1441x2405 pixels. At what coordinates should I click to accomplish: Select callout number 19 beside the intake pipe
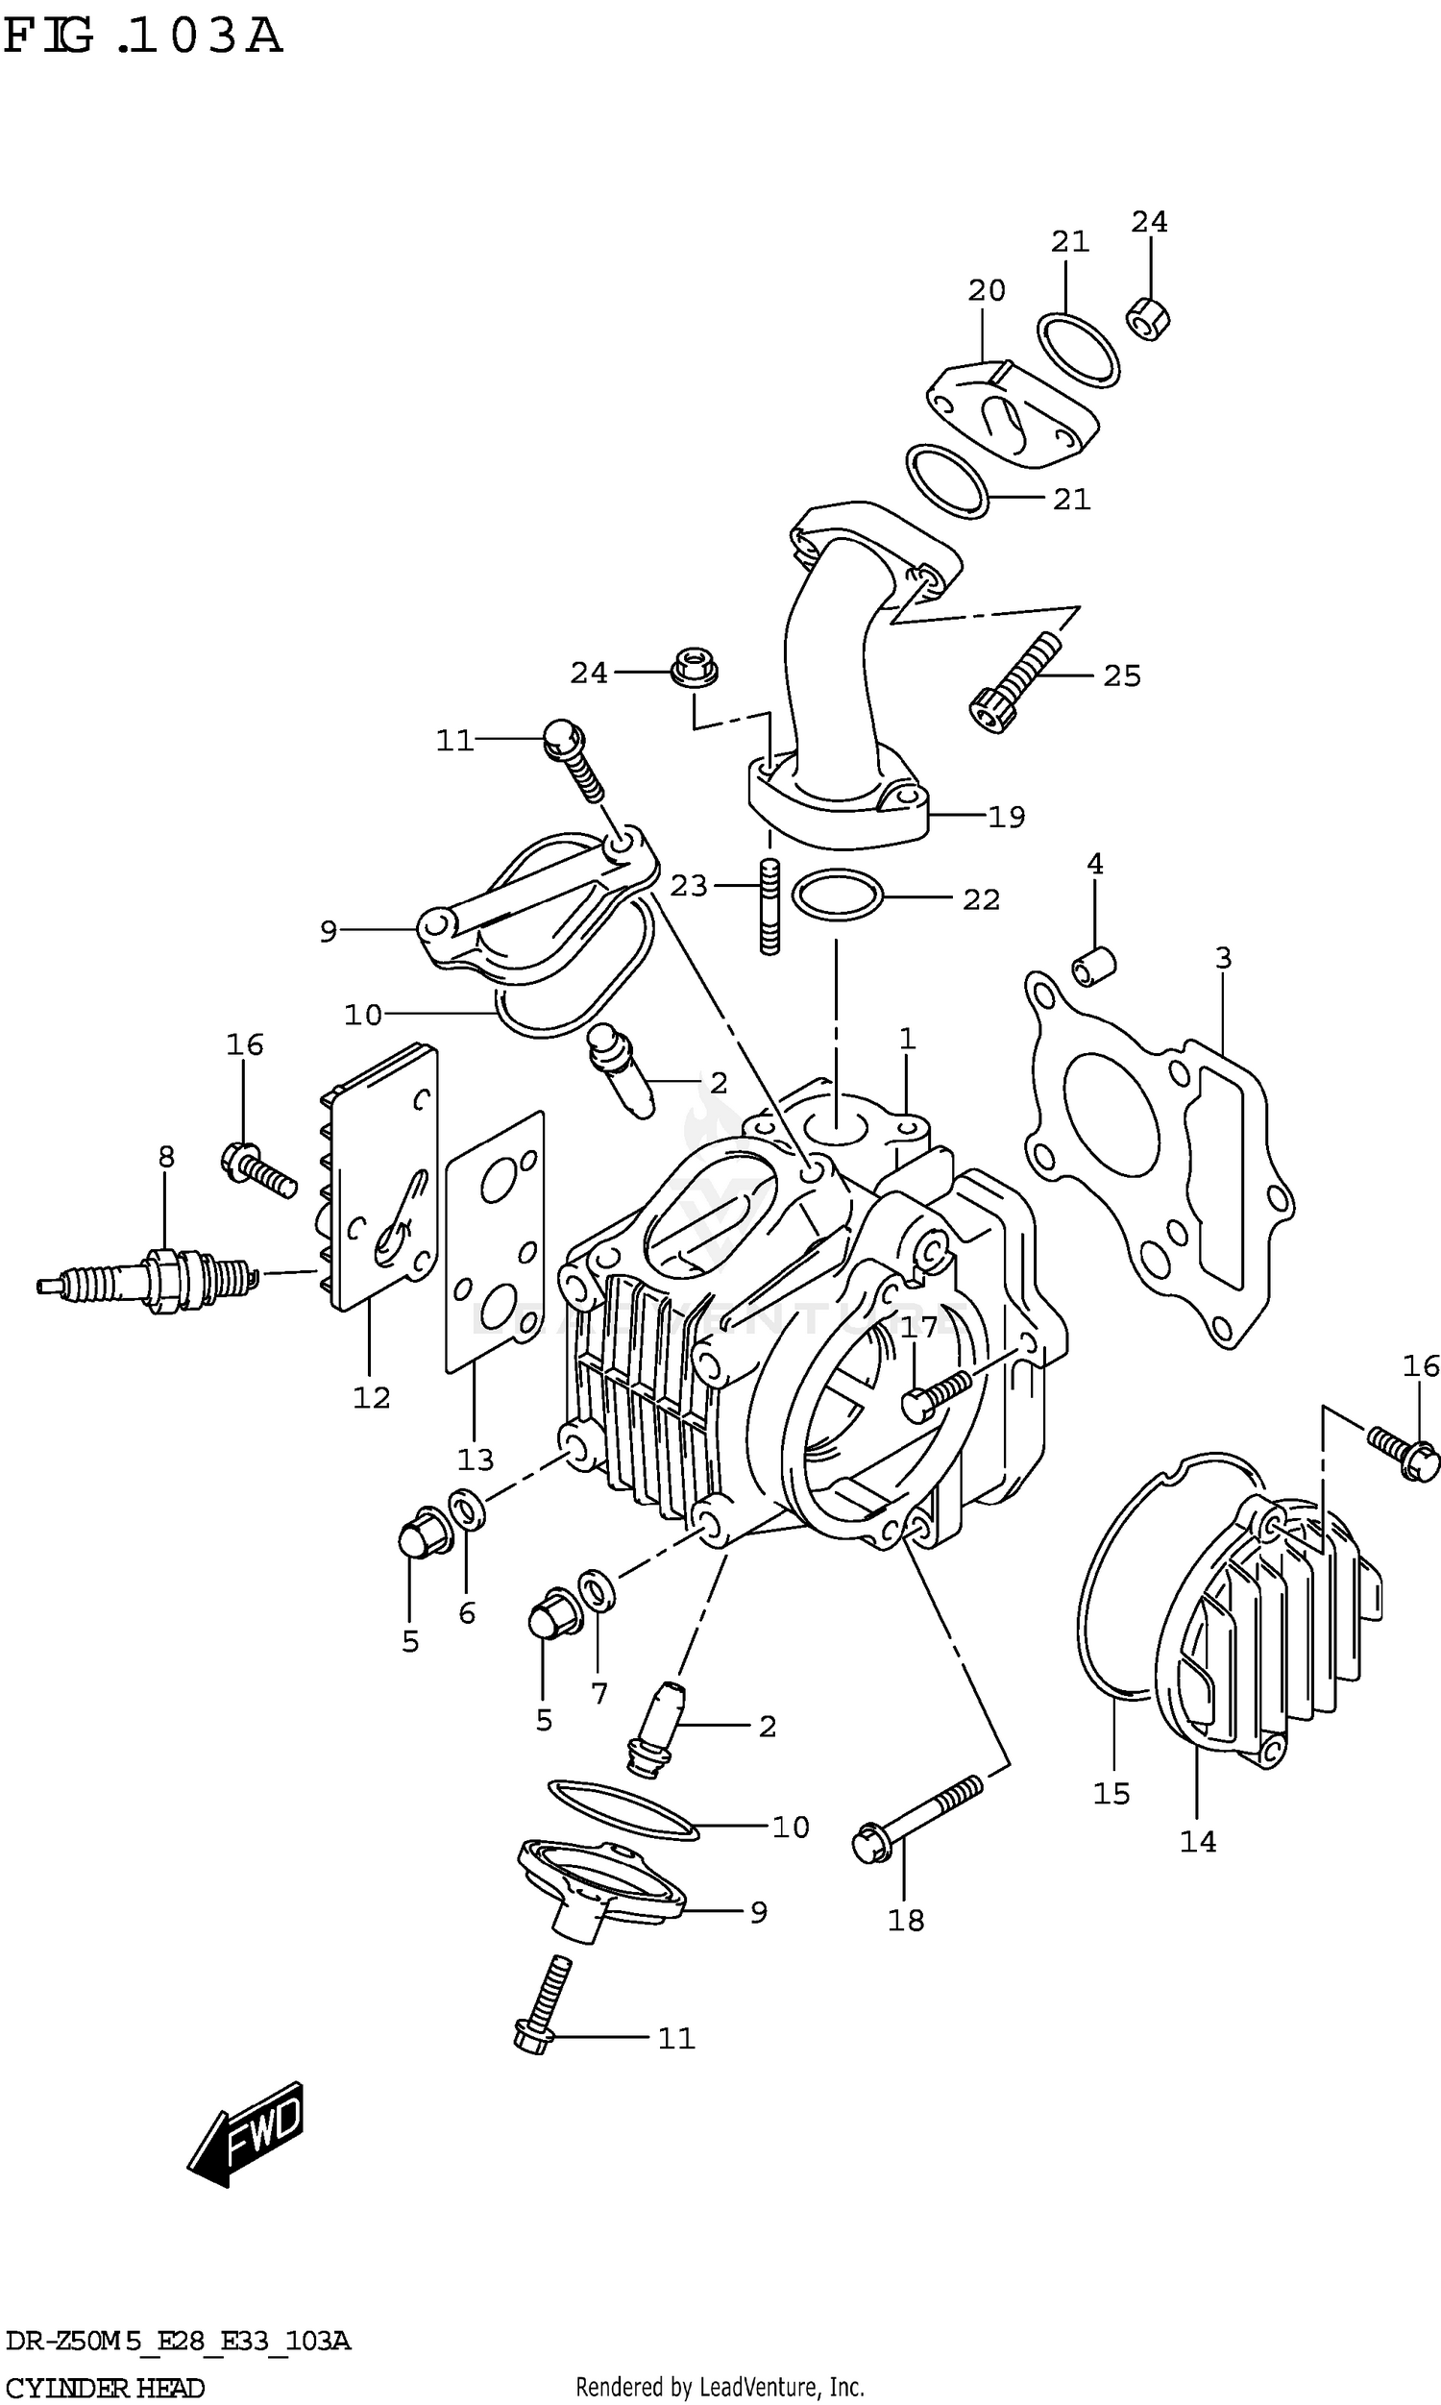pos(1006,818)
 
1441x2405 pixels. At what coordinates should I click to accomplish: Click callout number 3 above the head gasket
pos(1223,958)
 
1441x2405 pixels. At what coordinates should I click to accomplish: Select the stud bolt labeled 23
pos(769,907)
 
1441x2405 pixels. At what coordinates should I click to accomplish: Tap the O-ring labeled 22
pos(837,895)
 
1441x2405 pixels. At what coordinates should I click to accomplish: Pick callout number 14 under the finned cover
pos(1197,1841)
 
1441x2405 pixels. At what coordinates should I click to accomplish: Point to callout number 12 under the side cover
pos(371,1397)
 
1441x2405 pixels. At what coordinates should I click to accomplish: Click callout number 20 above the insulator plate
pos(987,289)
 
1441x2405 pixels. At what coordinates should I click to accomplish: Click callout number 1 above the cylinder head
pos(907,1039)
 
